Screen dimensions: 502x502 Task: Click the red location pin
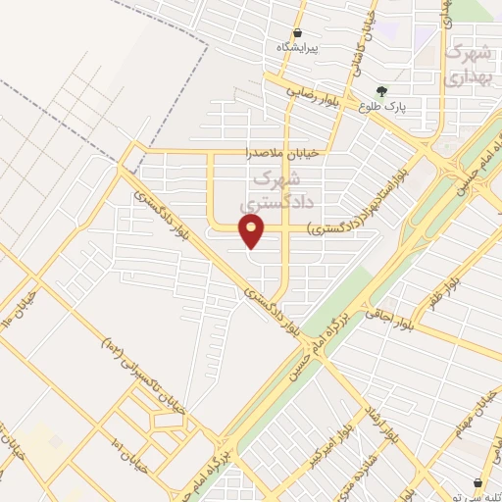[x=253, y=230]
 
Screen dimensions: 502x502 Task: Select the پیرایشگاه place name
[x=297, y=48]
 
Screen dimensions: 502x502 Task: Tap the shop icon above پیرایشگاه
[x=297, y=32]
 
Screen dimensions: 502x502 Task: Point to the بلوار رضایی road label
[x=317, y=96]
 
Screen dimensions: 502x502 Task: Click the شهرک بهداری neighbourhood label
[x=467, y=64]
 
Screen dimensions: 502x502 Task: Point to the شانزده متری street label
[x=375, y=470]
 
